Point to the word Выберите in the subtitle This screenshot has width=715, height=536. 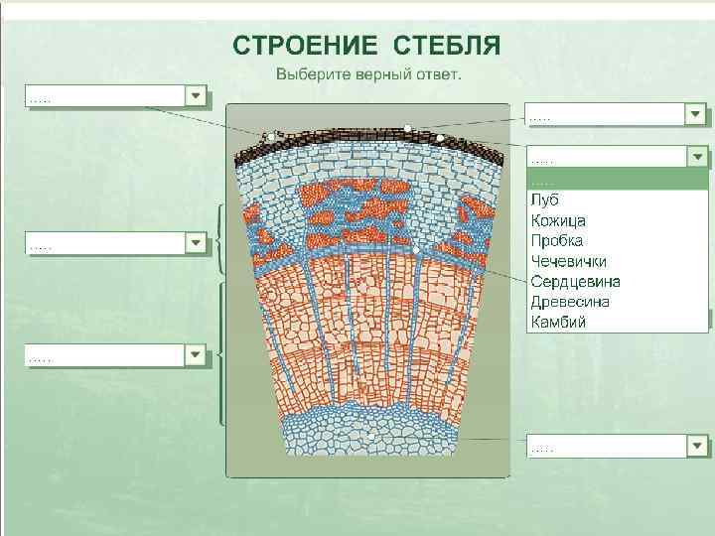click(x=308, y=74)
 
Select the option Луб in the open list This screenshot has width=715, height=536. click(x=544, y=201)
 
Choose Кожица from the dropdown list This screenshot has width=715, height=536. click(x=558, y=220)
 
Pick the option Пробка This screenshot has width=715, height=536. click(x=557, y=241)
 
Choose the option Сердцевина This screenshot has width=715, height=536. click(x=573, y=282)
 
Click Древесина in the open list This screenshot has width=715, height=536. click(x=570, y=302)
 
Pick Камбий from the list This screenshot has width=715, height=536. click(x=558, y=322)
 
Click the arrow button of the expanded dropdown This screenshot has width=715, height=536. click(x=698, y=157)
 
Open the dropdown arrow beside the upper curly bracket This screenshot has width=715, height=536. click(x=196, y=242)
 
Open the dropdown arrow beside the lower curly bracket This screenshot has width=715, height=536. click(x=196, y=353)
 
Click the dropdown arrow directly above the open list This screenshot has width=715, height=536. click(x=696, y=114)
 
